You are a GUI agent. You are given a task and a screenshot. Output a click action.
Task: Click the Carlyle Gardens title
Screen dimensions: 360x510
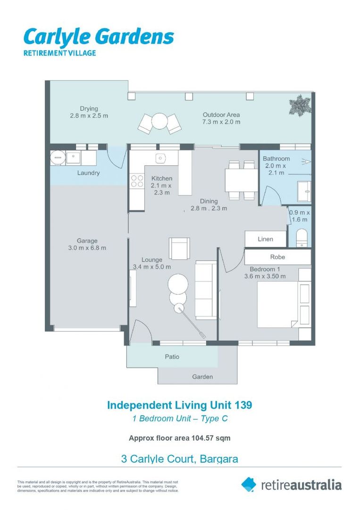[x=99, y=37]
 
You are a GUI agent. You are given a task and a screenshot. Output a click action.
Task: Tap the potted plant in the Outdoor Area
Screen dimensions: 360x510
[x=300, y=105]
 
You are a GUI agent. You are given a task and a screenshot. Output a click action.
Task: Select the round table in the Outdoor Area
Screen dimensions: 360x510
[x=159, y=121]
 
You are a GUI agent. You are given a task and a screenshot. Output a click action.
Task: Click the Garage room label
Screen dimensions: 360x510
[x=87, y=241]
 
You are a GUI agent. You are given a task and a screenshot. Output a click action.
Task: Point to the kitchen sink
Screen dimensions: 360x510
[x=160, y=158]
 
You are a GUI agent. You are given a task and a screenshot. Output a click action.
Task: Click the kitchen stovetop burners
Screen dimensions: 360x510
[x=137, y=181]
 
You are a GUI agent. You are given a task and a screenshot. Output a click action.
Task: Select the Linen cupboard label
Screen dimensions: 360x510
[x=266, y=239]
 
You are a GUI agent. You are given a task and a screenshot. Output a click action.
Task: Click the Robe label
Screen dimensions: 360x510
[x=277, y=257]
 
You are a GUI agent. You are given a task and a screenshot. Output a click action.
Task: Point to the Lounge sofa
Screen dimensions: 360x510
[x=206, y=290]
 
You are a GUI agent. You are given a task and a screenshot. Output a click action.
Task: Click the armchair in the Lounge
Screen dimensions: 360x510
[x=179, y=248]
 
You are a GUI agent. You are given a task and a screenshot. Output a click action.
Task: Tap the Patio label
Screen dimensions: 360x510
[x=172, y=357]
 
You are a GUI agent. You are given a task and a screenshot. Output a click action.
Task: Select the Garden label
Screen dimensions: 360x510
[x=202, y=377]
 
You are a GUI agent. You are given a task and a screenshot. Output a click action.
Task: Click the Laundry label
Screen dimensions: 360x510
[x=88, y=173]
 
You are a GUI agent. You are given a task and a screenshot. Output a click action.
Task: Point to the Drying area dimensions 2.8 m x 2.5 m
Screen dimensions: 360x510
[x=89, y=116]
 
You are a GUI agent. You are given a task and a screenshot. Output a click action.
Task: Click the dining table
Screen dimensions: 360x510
[x=242, y=181]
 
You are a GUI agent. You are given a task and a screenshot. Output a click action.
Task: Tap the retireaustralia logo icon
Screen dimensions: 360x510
[x=249, y=485]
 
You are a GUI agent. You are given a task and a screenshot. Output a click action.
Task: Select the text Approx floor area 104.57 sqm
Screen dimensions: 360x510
[x=180, y=438]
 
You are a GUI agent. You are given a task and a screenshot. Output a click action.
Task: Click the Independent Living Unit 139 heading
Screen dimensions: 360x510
[x=180, y=405]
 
